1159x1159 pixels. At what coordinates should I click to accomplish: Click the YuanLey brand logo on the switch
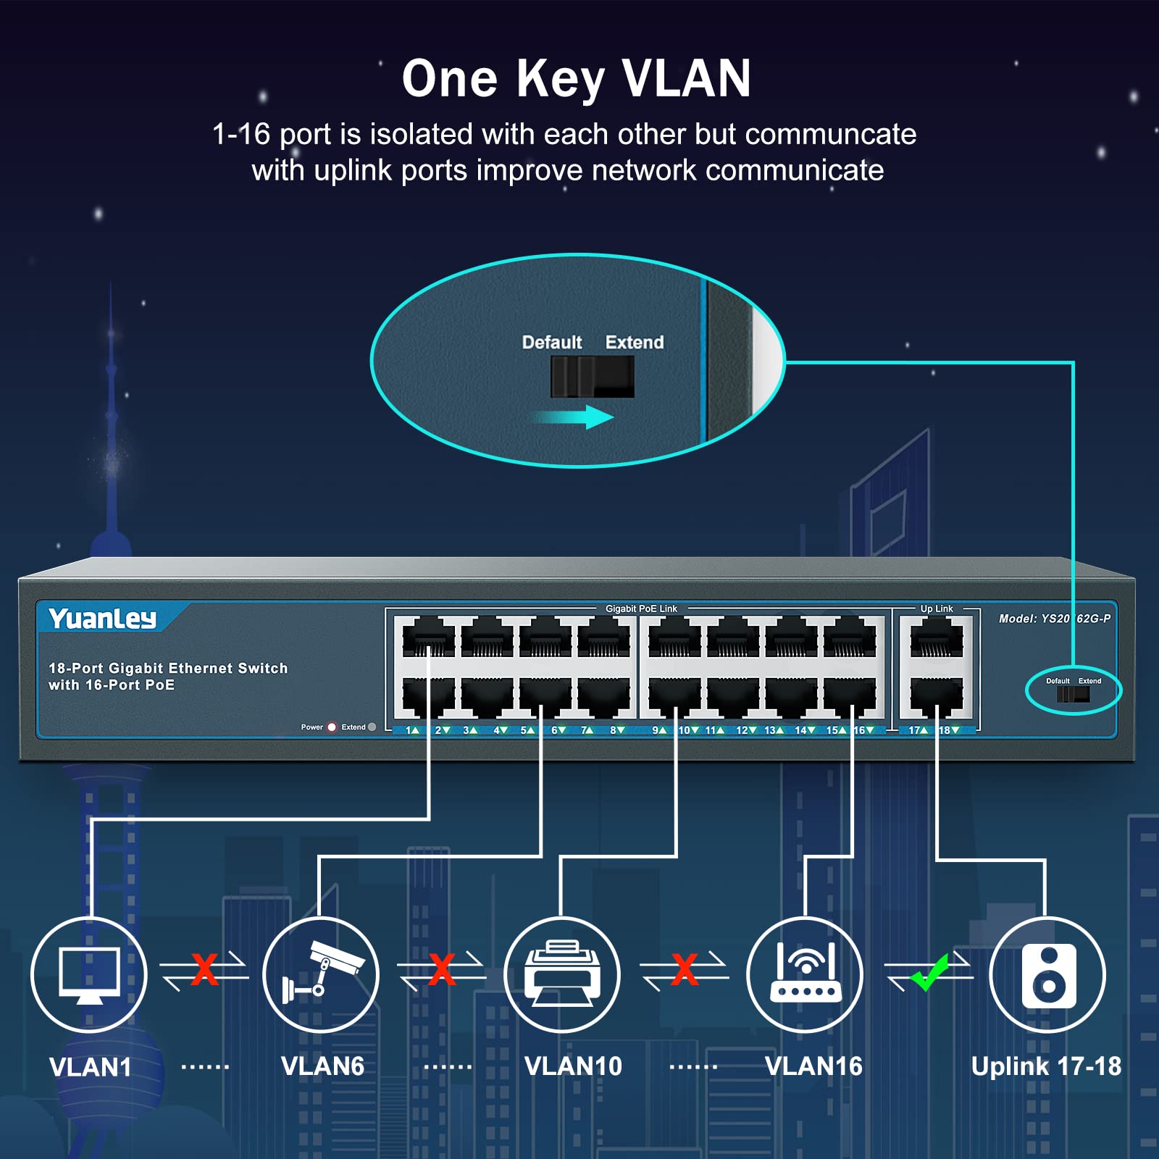tap(103, 618)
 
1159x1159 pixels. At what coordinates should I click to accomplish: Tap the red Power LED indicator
tap(332, 727)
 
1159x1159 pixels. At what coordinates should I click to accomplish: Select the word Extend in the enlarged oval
tap(635, 342)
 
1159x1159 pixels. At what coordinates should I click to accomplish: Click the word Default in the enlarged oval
tap(552, 342)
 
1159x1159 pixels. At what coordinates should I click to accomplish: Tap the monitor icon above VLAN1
tap(89, 974)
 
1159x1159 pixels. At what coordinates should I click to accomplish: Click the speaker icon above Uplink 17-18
tap(1048, 975)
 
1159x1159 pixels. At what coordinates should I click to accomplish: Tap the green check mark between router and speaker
tap(930, 972)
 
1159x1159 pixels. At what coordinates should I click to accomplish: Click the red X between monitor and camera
tap(204, 969)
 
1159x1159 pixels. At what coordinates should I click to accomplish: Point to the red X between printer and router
tap(685, 969)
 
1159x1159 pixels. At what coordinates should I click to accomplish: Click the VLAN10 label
tap(573, 1066)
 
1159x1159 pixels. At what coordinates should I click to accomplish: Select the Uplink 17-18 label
tap(1046, 1066)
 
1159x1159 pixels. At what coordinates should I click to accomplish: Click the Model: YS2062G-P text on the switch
tap(1054, 618)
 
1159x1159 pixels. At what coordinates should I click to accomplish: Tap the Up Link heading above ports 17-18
tap(937, 608)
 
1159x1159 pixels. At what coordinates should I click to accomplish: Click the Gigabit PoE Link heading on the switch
tap(641, 608)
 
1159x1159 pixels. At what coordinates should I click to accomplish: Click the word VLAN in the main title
tap(686, 78)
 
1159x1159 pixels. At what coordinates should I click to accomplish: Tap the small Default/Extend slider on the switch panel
tap(1073, 694)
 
